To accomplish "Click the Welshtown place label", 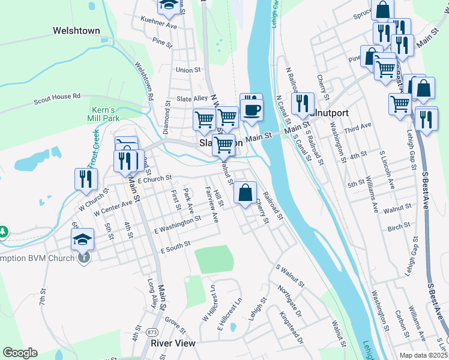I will pyautogui.click(x=76, y=30).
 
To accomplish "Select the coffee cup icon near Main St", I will pyautogui.click(x=252, y=109).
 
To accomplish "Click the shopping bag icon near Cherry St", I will pyautogui.click(x=245, y=193).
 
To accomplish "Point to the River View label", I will pyautogui.click(x=173, y=343).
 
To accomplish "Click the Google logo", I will pyautogui.click(x=20, y=353).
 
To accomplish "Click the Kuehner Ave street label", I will pyautogui.click(x=159, y=26).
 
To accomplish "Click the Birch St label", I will pyautogui.click(x=399, y=226).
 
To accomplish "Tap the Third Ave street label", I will pyautogui.click(x=358, y=128).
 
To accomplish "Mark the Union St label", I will pyautogui.click(x=188, y=70).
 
